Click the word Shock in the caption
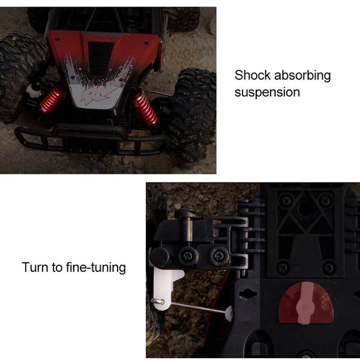[x=252, y=76]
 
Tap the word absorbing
[x=302, y=76]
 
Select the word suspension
[x=267, y=92]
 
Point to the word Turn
[x=35, y=267]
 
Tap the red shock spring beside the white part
[x=52, y=99]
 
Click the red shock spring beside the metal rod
[x=145, y=109]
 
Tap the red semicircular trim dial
[x=305, y=304]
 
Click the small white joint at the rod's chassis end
[x=229, y=311]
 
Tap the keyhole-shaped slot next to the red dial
[x=247, y=294]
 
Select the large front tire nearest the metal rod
[x=191, y=114]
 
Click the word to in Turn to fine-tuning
[x=56, y=267]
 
